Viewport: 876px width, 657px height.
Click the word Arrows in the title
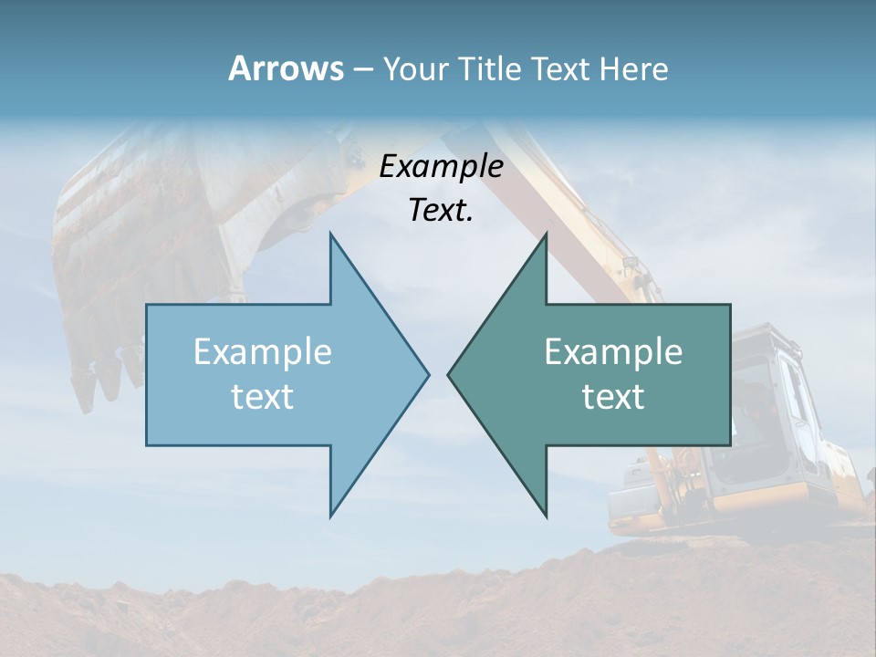coord(285,68)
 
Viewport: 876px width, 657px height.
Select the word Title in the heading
coord(490,68)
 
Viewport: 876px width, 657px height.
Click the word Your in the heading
coord(416,68)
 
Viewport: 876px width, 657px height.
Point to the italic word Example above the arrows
coord(441,166)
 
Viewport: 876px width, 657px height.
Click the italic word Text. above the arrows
coord(441,210)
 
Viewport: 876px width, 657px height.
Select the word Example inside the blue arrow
coord(263,352)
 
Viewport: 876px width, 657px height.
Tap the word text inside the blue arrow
coord(263,396)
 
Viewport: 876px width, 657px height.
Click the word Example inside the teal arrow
coord(613,352)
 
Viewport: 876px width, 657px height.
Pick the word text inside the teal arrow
coord(613,396)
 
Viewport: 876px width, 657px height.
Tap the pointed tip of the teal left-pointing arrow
coord(449,374)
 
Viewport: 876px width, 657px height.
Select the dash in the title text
coord(362,69)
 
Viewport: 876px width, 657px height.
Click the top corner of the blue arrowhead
coord(330,235)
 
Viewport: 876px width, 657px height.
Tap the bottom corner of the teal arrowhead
coord(546,516)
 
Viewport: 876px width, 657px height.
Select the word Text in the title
coord(561,68)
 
